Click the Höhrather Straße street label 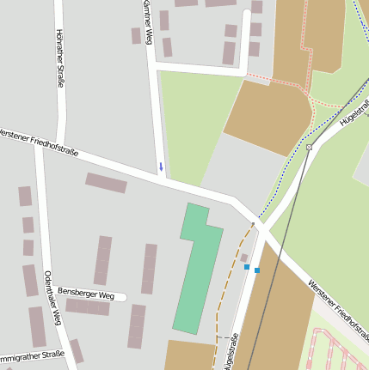coord(59,58)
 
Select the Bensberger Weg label coord(86,294)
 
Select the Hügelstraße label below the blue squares coord(230,352)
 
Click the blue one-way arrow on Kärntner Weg coord(160,167)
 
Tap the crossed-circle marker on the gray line coord(309,148)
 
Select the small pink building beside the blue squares coord(244,257)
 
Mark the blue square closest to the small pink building coord(247,267)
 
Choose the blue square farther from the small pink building coord(256,270)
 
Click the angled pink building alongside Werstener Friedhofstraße coord(106,183)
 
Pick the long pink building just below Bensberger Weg coord(88,306)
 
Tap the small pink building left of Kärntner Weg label coord(136,35)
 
